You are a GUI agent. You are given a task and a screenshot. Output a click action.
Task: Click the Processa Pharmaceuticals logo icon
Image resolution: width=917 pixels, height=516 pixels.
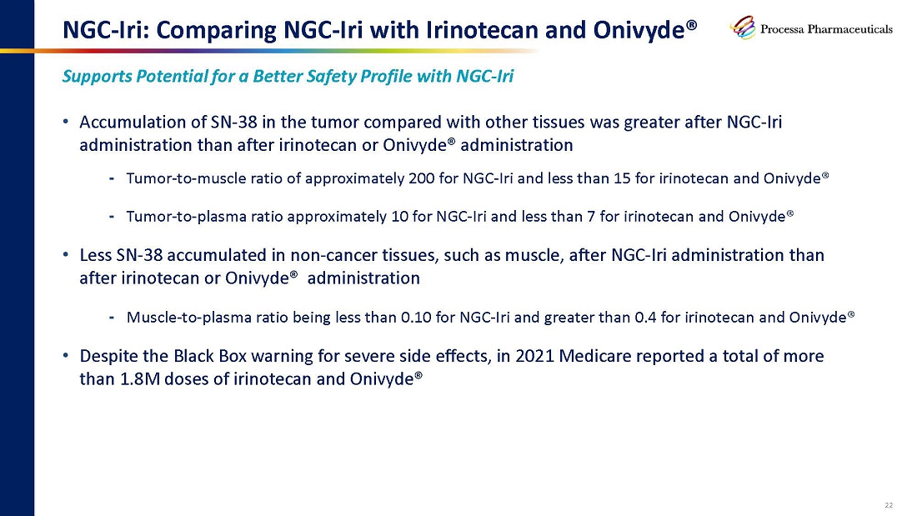(743, 28)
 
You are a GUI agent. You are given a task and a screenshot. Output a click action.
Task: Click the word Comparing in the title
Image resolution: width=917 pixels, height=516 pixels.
(214, 30)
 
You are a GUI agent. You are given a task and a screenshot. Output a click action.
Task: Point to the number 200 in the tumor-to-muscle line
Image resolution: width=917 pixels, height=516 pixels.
(422, 178)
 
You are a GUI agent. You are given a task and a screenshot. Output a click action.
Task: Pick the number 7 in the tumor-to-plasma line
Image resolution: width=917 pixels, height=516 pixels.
(591, 217)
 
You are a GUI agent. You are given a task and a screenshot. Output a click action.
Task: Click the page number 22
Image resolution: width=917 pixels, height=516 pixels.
(889, 505)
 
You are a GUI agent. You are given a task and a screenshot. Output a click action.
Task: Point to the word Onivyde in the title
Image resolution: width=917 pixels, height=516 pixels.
(639, 30)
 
